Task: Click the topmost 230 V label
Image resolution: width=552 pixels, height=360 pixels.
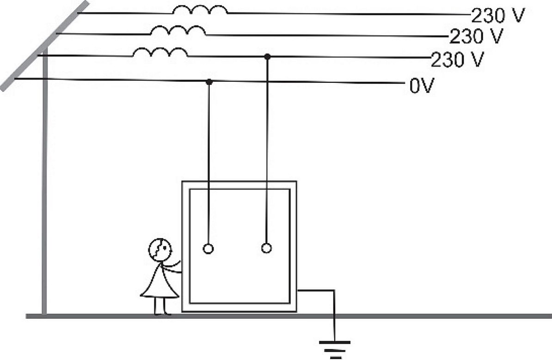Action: [498, 16]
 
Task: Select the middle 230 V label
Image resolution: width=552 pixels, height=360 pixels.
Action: [477, 37]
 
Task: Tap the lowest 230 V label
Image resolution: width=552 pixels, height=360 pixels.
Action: [458, 60]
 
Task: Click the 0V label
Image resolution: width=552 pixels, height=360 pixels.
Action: [422, 85]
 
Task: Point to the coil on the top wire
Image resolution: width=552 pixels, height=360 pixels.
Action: [200, 10]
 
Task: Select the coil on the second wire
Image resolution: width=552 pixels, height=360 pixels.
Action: [178, 31]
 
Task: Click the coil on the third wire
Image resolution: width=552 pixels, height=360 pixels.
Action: [160, 52]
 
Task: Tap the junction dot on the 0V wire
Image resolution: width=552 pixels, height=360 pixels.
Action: [209, 82]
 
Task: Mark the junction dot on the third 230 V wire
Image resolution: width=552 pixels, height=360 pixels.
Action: [267, 57]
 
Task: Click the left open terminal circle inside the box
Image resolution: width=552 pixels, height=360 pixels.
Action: [209, 249]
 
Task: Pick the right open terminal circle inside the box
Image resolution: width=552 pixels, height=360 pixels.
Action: [266, 248]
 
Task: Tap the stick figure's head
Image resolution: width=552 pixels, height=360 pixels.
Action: [160, 249]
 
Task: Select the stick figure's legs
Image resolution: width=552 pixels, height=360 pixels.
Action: [162, 306]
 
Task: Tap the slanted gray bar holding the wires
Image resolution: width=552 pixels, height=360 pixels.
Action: [45, 46]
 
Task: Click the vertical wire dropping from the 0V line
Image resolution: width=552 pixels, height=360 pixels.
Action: [209, 163]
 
